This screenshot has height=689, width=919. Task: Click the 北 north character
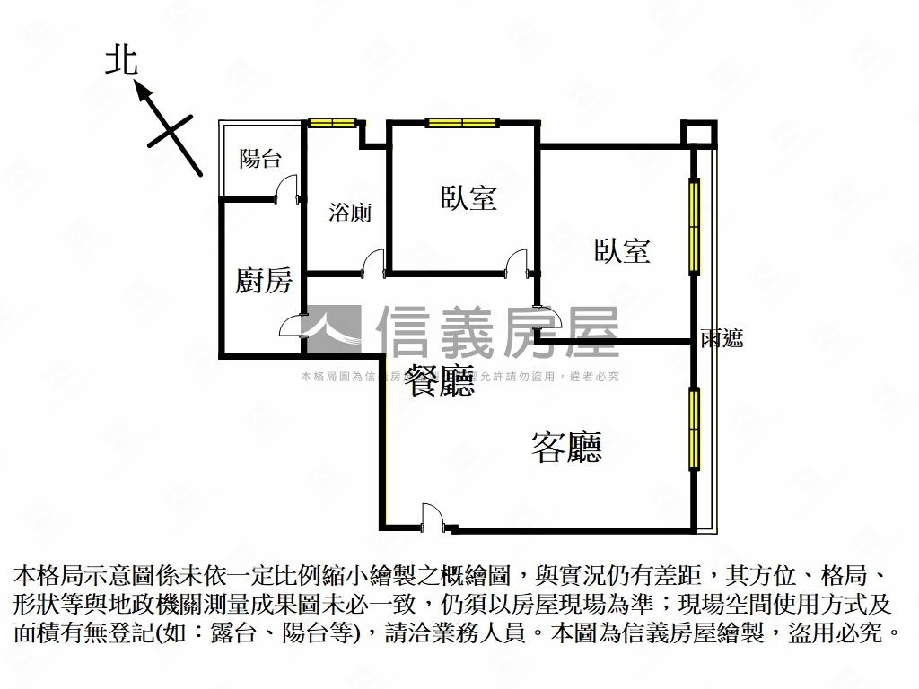(121, 60)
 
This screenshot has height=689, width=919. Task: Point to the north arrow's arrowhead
(140, 87)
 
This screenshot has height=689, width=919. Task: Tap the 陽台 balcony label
(260, 160)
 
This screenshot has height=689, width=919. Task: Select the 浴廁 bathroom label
(350, 213)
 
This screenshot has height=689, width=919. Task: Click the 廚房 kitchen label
(264, 281)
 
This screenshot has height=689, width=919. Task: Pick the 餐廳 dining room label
(439, 382)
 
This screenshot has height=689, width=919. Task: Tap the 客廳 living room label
(566, 446)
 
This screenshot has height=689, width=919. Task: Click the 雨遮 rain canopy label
(722, 338)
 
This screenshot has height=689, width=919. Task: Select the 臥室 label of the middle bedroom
(468, 197)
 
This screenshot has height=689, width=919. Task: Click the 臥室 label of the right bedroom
(622, 250)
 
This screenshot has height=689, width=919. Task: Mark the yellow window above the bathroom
(333, 123)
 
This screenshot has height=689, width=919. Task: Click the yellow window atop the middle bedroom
(462, 123)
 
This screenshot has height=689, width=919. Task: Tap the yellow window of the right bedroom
(694, 226)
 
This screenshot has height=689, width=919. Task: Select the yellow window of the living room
(694, 429)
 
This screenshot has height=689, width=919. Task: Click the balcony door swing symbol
(286, 189)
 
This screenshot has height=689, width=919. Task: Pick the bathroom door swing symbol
(372, 264)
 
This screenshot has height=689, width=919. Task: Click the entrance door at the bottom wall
(432, 517)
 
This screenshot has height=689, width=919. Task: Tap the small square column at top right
(698, 134)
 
